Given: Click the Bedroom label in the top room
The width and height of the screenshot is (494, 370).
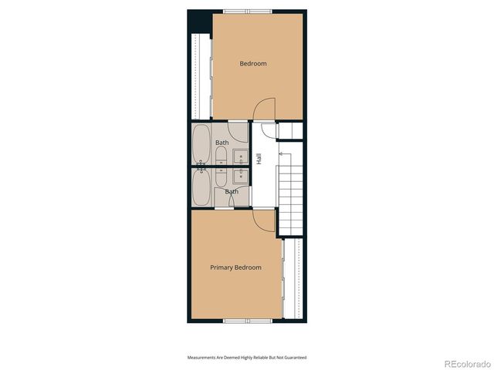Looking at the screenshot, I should point(252,64).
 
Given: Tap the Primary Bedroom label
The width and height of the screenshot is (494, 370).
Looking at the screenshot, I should point(235,267).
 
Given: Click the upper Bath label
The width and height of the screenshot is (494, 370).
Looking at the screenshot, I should point(222,143).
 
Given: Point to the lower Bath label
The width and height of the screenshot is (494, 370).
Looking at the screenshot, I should point(232,191).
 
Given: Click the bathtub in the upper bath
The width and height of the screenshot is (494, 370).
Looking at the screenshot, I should point(201,144).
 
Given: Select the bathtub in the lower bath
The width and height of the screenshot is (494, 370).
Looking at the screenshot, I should point(201,187).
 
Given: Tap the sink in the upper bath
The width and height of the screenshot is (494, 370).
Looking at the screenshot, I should point(239,160).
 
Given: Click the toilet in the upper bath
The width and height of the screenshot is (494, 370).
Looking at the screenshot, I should point(222,159).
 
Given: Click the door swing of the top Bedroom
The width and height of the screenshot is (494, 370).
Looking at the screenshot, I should point(264,109).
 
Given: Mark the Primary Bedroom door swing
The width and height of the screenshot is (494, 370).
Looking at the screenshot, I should point(264,222).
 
